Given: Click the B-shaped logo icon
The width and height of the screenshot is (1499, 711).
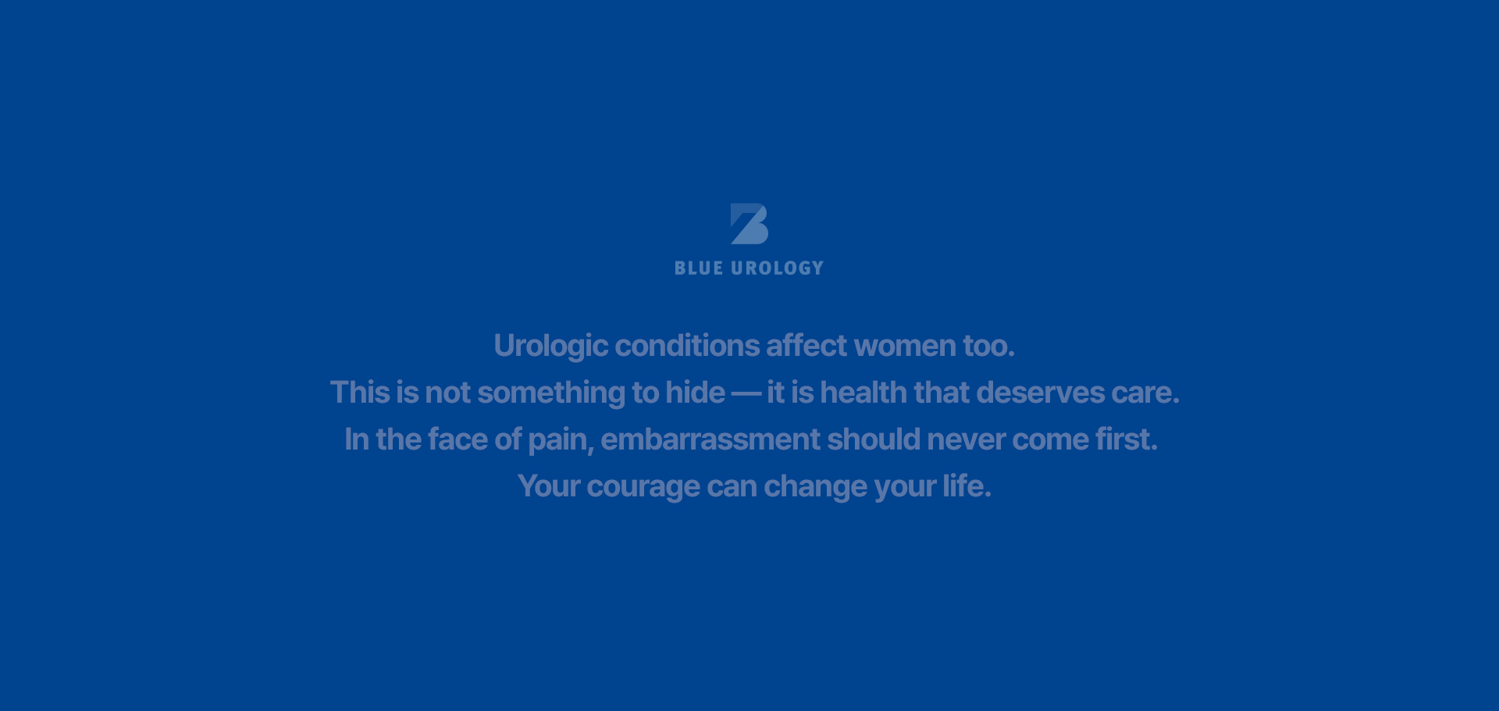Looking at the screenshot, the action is (749, 224).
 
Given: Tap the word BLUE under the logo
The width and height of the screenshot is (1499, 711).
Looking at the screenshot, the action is (699, 268).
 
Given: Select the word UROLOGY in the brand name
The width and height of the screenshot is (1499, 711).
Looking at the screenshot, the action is (778, 268).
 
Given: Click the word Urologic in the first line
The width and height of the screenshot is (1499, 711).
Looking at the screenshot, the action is (550, 346).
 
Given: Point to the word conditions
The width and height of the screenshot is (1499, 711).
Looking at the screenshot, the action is (687, 346).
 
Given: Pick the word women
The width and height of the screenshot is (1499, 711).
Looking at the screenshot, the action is (905, 346).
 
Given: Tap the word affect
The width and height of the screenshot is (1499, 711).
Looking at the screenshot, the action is (806, 346).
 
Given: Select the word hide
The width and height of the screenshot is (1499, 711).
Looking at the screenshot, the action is (695, 393).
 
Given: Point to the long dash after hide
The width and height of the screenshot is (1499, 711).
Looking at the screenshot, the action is (746, 393).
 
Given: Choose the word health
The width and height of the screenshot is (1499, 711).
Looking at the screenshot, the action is (863, 393).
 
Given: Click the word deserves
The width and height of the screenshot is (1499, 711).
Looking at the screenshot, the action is (1040, 393).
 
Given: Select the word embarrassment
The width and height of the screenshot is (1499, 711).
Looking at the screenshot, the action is (710, 439).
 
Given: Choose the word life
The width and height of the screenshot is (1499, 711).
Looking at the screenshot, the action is (967, 486).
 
